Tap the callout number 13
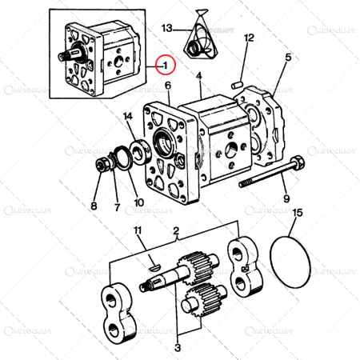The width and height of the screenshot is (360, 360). coord(166,28)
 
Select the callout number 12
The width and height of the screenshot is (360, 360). coord(249,38)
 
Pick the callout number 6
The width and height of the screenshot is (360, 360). coord(169,86)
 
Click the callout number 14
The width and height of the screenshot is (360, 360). coord(129,118)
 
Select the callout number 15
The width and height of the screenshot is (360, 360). coord(298,213)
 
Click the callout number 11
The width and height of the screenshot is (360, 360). coord(137,231)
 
